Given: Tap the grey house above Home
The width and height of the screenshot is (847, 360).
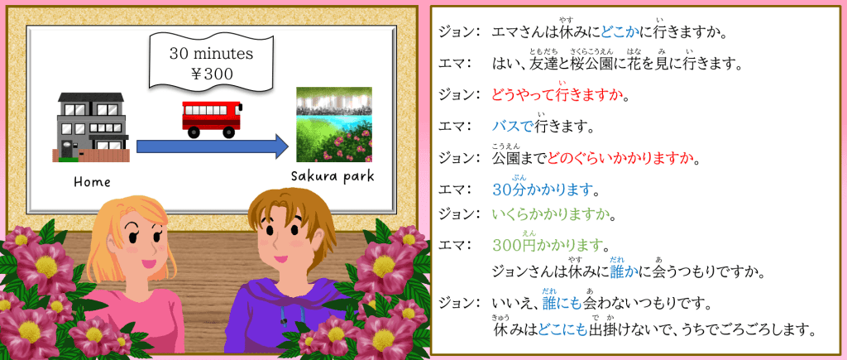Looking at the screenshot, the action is point(92,127).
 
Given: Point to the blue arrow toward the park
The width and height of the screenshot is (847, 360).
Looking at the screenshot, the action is point(213,146).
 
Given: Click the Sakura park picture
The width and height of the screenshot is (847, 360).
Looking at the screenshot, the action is point(334,124).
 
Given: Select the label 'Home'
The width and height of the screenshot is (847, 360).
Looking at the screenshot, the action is point(92,182).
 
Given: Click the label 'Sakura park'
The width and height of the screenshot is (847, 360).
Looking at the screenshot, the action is point(333,178).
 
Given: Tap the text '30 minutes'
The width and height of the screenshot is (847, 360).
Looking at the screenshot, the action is point(211,54).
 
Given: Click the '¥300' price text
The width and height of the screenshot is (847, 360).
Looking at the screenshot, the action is point(212,74).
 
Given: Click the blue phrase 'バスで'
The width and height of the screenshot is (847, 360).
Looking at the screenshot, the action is point(512,127).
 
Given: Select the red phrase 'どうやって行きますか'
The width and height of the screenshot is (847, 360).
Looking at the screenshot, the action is point(557,96).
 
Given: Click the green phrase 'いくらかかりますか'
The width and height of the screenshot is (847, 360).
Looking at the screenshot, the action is point(551,215).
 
